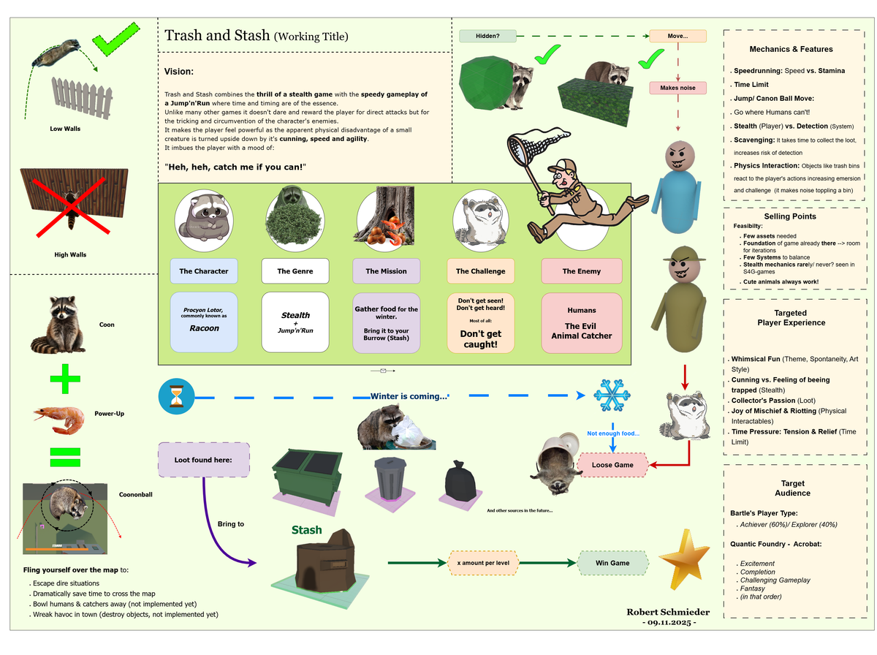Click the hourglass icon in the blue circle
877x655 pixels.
coord(175,398)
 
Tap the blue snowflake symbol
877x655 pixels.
coord(612,395)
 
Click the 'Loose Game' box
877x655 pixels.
coord(612,465)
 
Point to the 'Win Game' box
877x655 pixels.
coord(613,563)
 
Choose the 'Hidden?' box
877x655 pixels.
coord(487,36)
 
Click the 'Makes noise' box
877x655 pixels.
coord(677,88)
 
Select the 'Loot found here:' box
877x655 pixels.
coord(204,460)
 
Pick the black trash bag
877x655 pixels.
coord(460,483)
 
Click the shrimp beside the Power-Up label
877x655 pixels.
coord(61,418)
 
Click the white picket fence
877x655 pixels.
coord(82,96)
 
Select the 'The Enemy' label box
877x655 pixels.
coord(581,271)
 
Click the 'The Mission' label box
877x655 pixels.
coord(387,271)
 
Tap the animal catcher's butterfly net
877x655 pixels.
coord(527,147)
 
